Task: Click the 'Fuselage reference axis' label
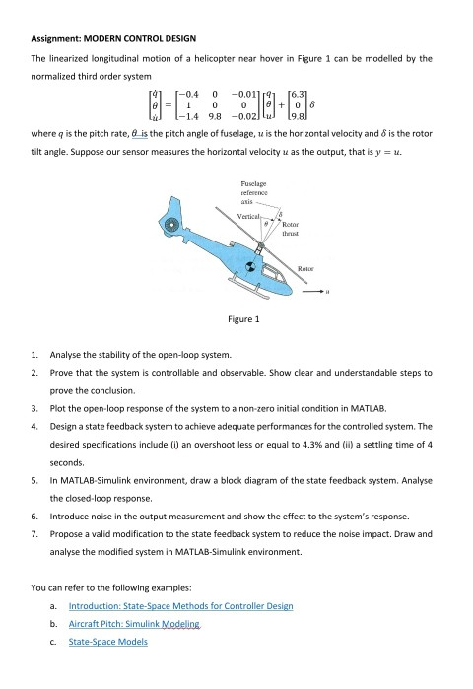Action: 254,192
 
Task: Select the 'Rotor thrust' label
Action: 291,229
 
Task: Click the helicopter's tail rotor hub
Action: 170,226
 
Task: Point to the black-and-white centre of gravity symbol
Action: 250,267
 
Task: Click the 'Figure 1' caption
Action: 243,319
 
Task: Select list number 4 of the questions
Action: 34,426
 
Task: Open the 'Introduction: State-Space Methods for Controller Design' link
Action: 181,606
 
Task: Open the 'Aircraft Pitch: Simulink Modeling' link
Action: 134,624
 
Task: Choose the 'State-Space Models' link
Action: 108,642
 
